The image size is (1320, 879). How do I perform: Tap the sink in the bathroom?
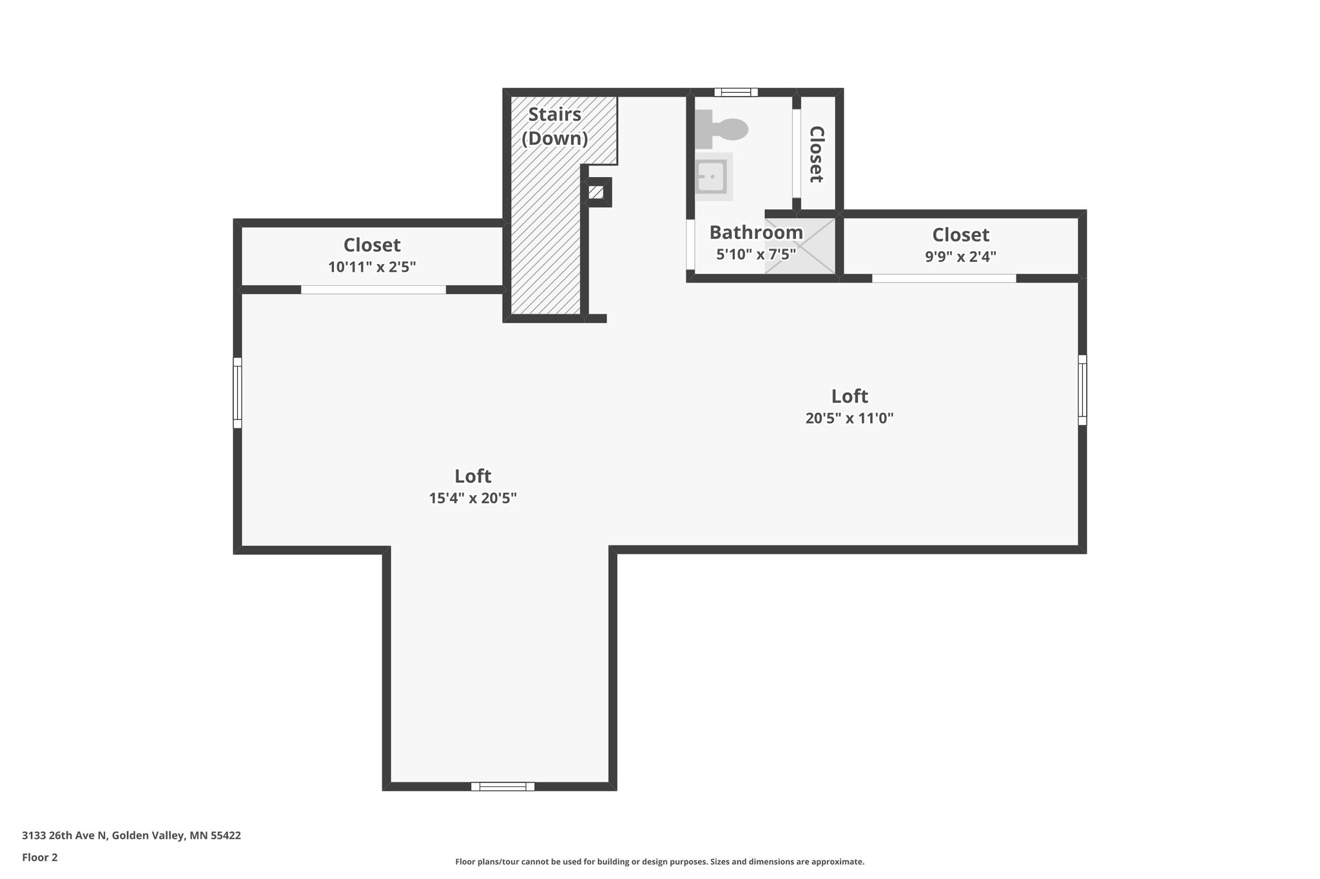click(x=712, y=176)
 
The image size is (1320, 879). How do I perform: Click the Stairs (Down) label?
click(x=554, y=126)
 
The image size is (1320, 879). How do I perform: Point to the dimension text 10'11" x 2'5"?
click(x=372, y=267)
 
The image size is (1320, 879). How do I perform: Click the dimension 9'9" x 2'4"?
click(x=960, y=256)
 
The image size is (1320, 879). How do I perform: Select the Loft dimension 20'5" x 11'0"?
click(x=849, y=418)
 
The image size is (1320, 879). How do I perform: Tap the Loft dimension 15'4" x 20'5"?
click(x=472, y=498)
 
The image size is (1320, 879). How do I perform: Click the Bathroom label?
click(x=756, y=232)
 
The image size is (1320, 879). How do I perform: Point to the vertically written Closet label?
click(x=817, y=154)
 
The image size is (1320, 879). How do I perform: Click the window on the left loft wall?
click(x=237, y=393)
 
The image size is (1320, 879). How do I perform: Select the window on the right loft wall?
click(x=1082, y=390)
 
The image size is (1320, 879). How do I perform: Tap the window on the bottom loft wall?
click(x=502, y=786)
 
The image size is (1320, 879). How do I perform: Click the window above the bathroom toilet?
click(x=735, y=92)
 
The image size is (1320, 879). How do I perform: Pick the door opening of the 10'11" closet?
click(x=373, y=290)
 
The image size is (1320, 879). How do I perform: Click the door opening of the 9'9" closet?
click(x=944, y=278)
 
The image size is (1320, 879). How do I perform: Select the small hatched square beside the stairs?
click(x=596, y=192)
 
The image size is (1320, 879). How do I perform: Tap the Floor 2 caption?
click(x=40, y=857)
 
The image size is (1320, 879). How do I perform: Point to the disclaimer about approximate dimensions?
click(x=659, y=862)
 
